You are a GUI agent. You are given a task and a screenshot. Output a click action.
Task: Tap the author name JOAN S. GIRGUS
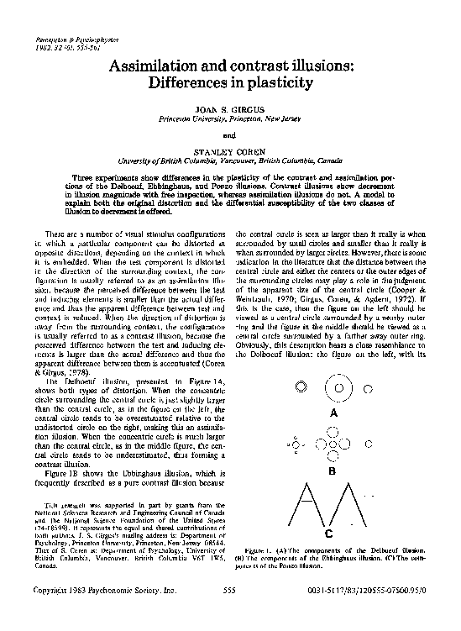point(229,111)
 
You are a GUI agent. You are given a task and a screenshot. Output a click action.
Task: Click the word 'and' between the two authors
point(229,134)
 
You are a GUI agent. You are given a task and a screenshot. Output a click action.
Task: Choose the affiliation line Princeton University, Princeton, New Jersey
point(229,119)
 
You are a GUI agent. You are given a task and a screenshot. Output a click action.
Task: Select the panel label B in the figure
point(333,472)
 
